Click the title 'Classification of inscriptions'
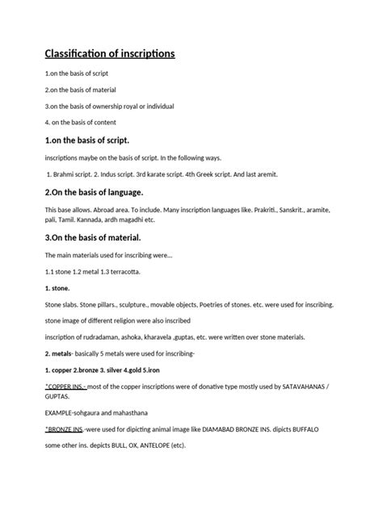[109, 54]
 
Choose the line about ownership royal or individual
[109, 106]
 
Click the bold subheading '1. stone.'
[57, 287]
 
